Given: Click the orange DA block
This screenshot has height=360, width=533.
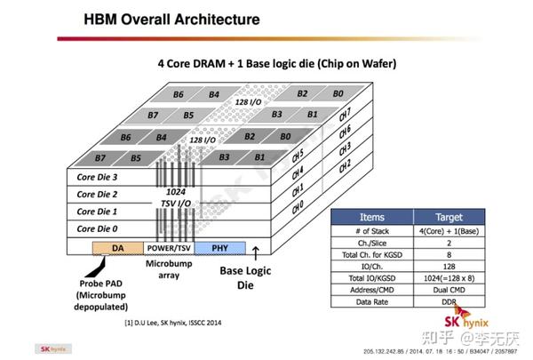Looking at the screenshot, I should tap(117, 249).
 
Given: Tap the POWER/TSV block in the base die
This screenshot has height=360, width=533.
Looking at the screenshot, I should tap(167, 249).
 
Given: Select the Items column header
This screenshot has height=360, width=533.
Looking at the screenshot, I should tap(370, 216).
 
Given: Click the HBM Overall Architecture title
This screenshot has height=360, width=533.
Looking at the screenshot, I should tap(171, 19).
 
